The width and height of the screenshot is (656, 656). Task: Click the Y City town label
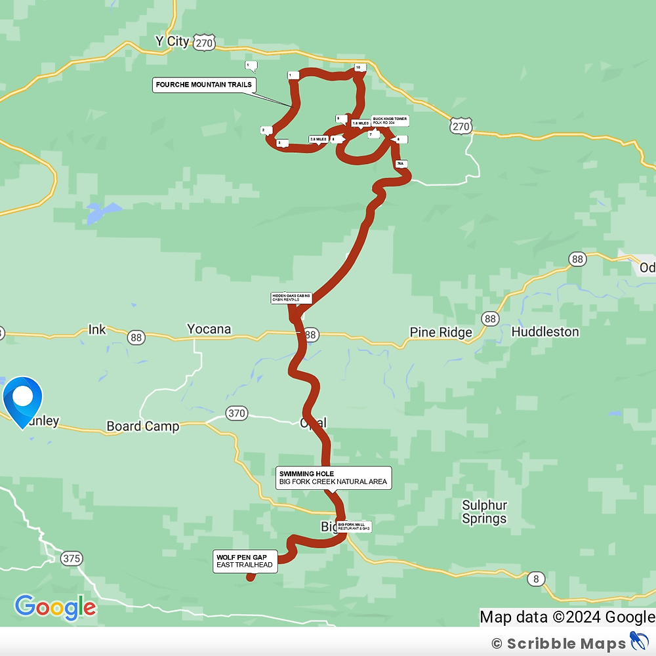click(x=172, y=41)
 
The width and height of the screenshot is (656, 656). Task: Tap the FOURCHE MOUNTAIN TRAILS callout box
click(x=203, y=85)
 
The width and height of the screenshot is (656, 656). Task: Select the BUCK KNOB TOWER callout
click(x=390, y=121)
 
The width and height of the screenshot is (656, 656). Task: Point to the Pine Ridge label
click(x=440, y=333)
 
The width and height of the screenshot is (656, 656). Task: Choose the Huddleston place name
click(x=544, y=332)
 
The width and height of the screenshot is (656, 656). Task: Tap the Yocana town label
click(x=209, y=329)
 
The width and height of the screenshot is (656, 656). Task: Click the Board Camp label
click(x=142, y=426)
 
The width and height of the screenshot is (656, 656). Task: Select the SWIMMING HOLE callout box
click(x=333, y=478)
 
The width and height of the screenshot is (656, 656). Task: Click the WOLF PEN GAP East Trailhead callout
click(x=245, y=561)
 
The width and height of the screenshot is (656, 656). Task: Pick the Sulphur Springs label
click(x=484, y=512)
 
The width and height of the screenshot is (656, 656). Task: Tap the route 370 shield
click(x=237, y=413)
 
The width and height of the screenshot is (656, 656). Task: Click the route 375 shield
click(x=72, y=559)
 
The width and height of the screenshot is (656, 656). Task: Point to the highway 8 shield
click(x=537, y=578)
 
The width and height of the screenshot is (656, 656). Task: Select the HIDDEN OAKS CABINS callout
click(x=291, y=298)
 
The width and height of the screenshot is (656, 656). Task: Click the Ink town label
click(x=97, y=329)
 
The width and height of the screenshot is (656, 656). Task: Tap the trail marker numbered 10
click(x=358, y=68)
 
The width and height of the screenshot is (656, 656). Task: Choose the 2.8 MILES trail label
click(x=318, y=139)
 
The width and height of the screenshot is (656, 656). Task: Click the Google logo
click(x=55, y=607)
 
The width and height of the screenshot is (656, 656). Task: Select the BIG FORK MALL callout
click(x=354, y=526)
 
